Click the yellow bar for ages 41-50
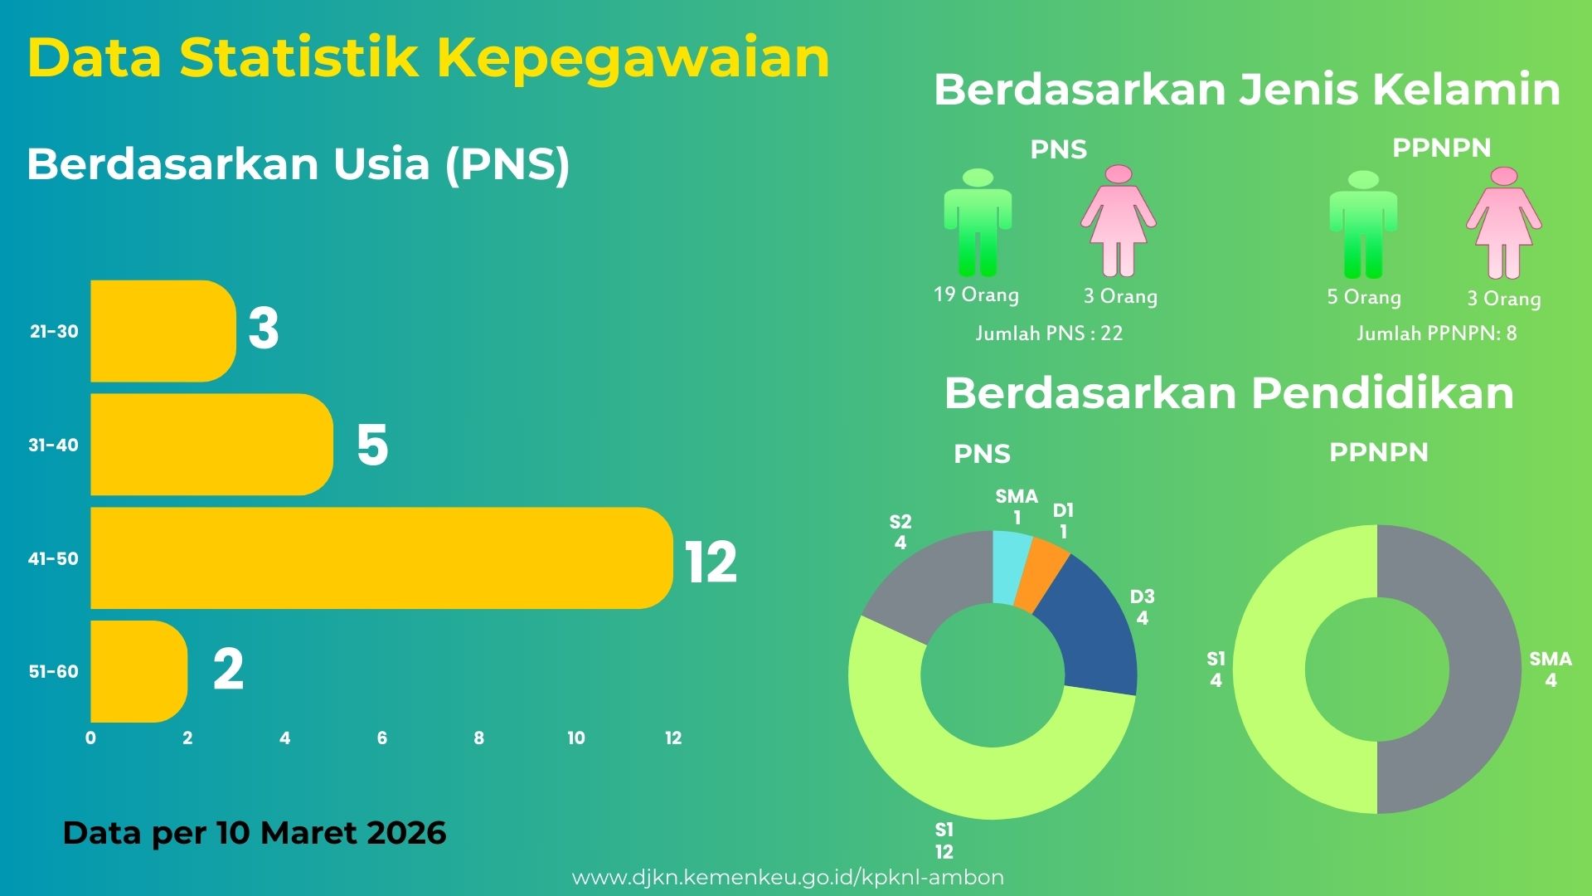[x=381, y=558]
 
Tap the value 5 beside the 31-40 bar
[x=372, y=445]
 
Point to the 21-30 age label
[x=54, y=332]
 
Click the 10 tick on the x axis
[x=576, y=738]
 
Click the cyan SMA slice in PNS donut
[x=1012, y=567]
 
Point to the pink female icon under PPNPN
[x=1503, y=224]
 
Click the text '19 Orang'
[x=976, y=295]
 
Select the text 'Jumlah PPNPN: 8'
[x=1436, y=334]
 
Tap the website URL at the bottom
[x=788, y=878]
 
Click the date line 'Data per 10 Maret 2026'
[x=255, y=833]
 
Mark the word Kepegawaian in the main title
[x=633, y=58]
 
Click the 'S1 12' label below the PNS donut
[x=944, y=840]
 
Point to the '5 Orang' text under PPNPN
[x=1364, y=297]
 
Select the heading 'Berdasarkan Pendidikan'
[x=1229, y=393]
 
